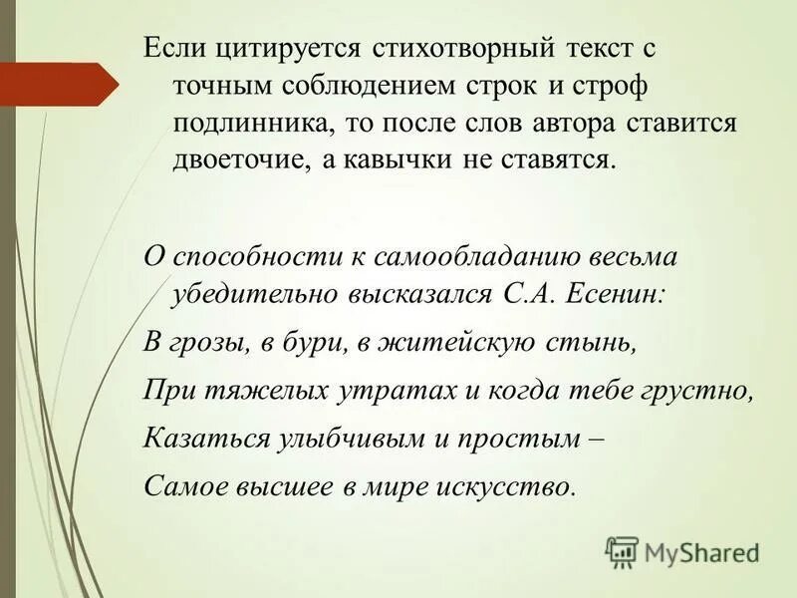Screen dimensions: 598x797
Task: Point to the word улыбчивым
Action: pyautogui.click(x=340, y=439)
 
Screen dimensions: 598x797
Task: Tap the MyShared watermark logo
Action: pyautogui.click(x=681, y=550)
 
